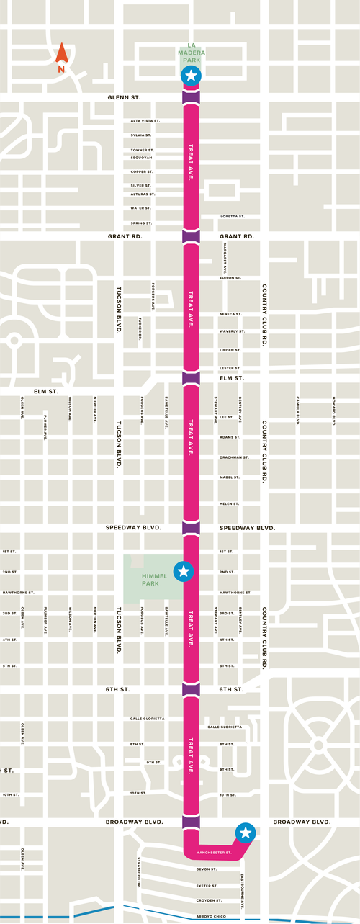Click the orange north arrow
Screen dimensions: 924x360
(62, 54)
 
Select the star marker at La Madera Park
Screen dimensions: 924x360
(191, 76)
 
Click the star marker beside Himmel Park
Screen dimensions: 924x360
(184, 572)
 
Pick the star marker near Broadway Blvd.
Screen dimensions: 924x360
(246, 833)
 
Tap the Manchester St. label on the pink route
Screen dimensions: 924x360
(213, 853)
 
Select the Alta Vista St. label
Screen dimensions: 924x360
(145, 121)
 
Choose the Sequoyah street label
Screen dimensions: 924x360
(142, 158)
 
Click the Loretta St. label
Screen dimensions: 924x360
(232, 217)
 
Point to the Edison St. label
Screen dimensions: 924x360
(230, 277)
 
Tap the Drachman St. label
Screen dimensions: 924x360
(234, 457)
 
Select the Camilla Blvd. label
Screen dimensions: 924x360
(297, 411)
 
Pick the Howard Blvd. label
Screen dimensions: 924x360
(334, 411)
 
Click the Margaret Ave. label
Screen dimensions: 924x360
(225, 256)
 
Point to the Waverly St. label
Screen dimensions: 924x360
(232, 332)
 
